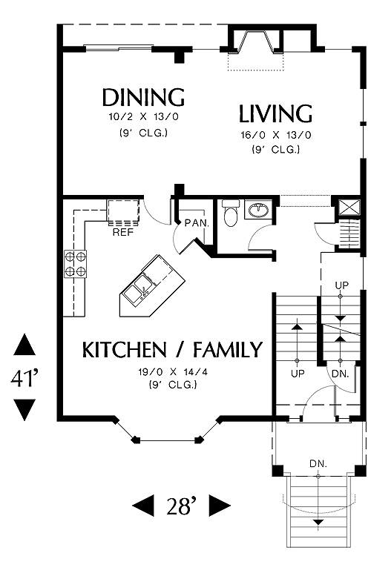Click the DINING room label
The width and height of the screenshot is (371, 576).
tap(143, 97)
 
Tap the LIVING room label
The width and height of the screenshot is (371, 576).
tap(276, 113)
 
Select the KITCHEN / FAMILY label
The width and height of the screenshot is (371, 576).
tap(172, 349)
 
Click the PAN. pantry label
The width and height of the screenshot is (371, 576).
tap(197, 223)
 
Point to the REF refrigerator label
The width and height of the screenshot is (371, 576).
tap(123, 232)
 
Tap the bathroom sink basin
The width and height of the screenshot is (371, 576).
tap(259, 210)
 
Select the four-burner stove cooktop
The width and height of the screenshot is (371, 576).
tap(76, 264)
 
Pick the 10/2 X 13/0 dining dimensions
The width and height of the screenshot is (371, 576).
tap(143, 117)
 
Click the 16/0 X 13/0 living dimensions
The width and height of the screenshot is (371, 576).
tap(276, 135)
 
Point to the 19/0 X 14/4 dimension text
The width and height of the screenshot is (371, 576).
tap(173, 371)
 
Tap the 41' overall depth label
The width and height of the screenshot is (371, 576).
tap(24, 378)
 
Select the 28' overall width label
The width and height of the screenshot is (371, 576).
tap(182, 506)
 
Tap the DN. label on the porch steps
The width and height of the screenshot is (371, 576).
tap(318, 463)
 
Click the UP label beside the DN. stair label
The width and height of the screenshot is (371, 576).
tap(298, 374)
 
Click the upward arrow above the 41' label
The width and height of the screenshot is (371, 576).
tap(24, 345)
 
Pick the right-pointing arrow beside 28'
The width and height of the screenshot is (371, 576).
tap(220, 506)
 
